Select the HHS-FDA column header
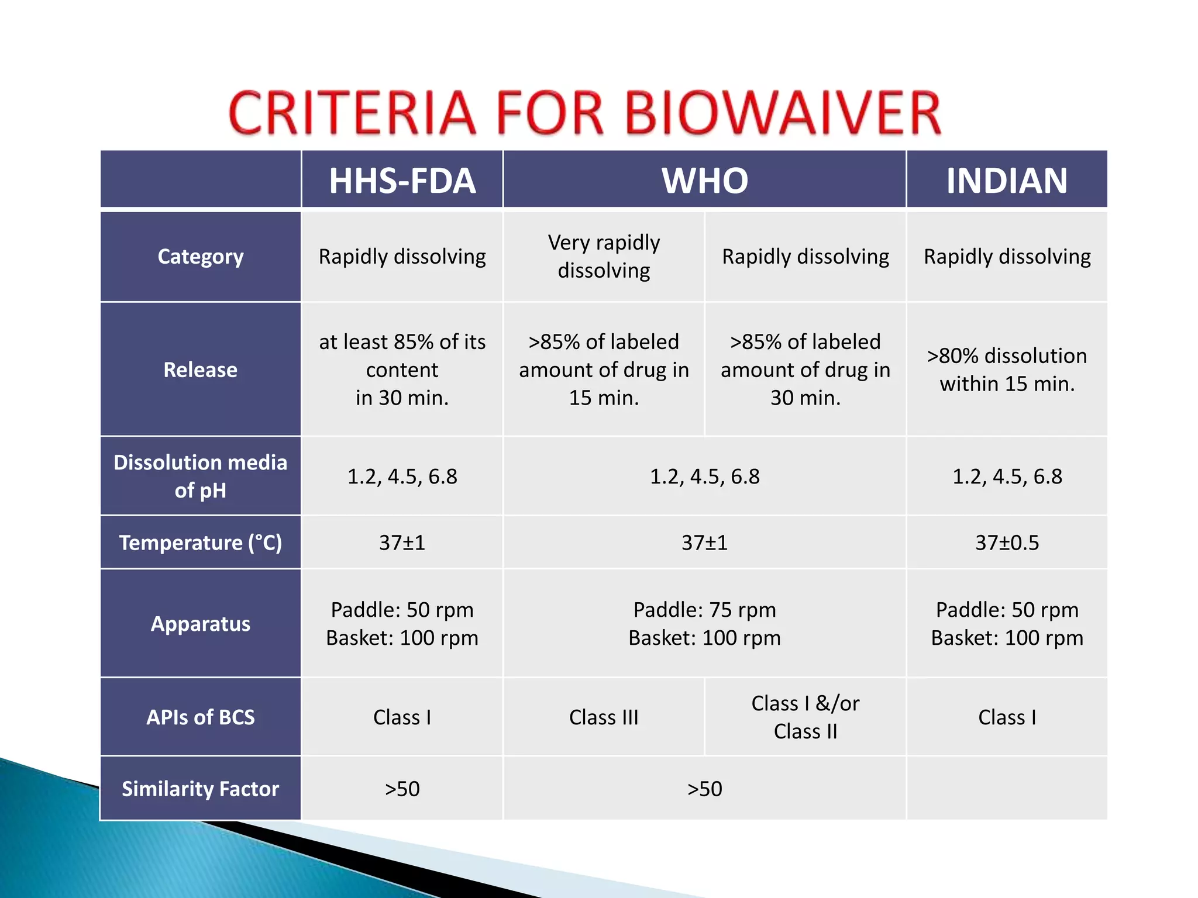[402, 180]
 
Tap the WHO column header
[704, 180]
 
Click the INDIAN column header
[1007, 180]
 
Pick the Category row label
[201, 257]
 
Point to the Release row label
[201, 369]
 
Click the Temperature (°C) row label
[201, 543]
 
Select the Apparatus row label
[201, 624]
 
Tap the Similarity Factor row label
[201, 789]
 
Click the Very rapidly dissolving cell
[604, 257]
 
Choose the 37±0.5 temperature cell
[1007, 543]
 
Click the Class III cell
[604, 717]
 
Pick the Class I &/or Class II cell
[805, 717]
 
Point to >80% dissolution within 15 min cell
[1007, 369]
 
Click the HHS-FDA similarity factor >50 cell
[402, 789]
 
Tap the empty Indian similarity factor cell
[1007, 789]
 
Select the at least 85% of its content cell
[402, 369]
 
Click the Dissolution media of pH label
[201, 476]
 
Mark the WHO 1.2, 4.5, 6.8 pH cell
[704, 476]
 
